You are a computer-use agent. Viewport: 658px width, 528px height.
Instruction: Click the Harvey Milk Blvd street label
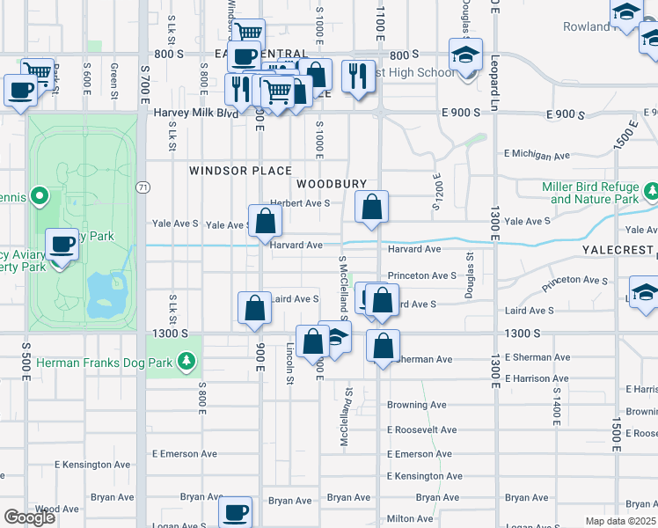(x=195, y=114)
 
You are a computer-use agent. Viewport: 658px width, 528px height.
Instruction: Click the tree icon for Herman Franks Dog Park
(x=186, y=361)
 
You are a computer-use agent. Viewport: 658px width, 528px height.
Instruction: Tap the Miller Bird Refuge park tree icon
(x=652, y=191)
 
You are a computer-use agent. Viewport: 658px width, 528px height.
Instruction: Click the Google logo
(x=29, y=517)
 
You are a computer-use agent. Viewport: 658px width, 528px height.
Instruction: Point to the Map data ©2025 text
(x=621, y=521)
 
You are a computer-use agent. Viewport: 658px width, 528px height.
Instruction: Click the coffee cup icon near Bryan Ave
(x=235, y=511)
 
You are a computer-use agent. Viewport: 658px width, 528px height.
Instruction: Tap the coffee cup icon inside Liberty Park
(x=62, y=244)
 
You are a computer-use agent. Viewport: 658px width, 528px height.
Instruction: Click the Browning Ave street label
(x=416, y=405)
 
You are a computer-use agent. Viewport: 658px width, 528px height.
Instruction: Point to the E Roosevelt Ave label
(x=421, y=429)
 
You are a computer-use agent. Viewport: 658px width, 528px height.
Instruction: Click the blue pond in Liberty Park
(x=104, y=295)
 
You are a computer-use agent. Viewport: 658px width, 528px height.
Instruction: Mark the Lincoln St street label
(x=289, y=363)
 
